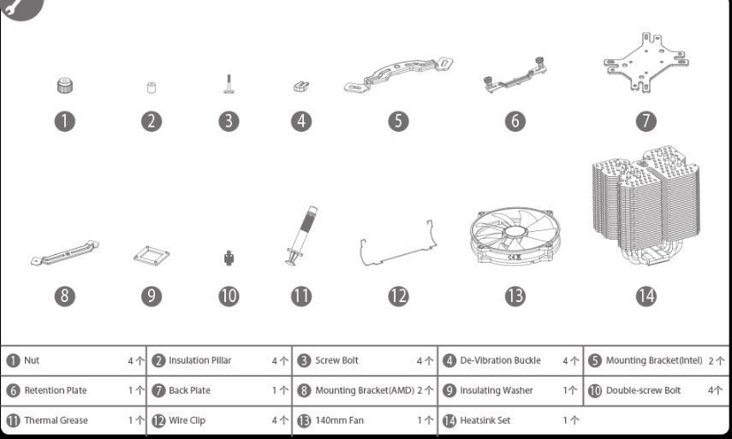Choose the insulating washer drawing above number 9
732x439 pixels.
[151, 256]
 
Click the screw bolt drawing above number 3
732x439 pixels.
[228, 85]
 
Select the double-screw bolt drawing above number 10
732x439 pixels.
[229, 257]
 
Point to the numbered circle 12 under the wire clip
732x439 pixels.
[398, 296]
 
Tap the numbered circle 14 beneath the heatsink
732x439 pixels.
[646, 296]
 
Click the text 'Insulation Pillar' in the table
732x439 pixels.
[199, 360]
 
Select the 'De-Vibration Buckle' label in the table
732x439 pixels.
[501, 360]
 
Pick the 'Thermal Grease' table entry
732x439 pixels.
[56, 420]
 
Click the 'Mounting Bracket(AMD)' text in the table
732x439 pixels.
[364, 390]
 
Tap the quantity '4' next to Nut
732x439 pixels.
[131, 361]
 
